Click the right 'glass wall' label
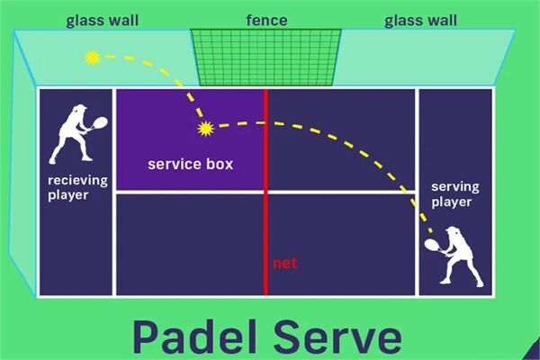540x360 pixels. tap(420, 19)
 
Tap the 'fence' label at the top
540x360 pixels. tap(266, 19)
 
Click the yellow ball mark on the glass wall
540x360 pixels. tap(92, 58)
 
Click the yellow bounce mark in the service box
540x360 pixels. tap(206, 129)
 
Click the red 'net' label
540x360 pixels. tap(285, 264)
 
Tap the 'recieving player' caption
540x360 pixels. tap(76, 186)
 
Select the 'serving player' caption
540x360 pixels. tap(453, 194)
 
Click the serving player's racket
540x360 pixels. tap(432, 241)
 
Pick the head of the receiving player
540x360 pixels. tap(78, 111)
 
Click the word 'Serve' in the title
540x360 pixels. tap(342, 336)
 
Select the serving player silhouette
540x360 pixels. tap(457, 256)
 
